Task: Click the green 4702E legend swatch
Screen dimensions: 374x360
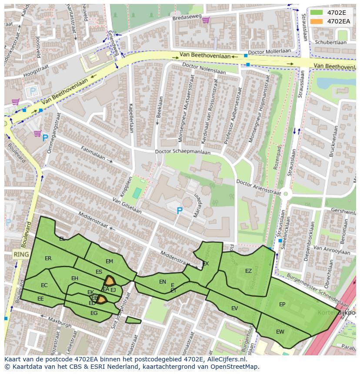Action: click(317, 13)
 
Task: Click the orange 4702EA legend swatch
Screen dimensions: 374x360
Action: click(317, 21)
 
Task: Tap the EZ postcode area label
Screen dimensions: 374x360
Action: click(248, 271)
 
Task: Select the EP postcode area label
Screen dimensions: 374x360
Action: click(282, 304)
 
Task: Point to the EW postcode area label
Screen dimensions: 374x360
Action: click(280, 332)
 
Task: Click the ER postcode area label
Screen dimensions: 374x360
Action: click(48, 258)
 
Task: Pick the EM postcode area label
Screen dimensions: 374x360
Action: click(109, 261)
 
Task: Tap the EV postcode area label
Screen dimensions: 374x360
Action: click(234, 308)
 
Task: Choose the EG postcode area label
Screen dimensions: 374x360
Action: click(94, 313)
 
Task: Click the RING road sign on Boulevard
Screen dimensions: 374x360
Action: click(21, 255)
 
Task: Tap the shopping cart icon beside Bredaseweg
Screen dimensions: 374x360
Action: click(205, 20)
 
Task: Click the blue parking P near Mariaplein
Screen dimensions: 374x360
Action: click(179, 211)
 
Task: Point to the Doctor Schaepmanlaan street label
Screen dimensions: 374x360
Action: click(183, 152)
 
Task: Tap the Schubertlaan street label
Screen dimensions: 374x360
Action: click(330, 43)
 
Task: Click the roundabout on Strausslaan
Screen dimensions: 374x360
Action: click(285, 195)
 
